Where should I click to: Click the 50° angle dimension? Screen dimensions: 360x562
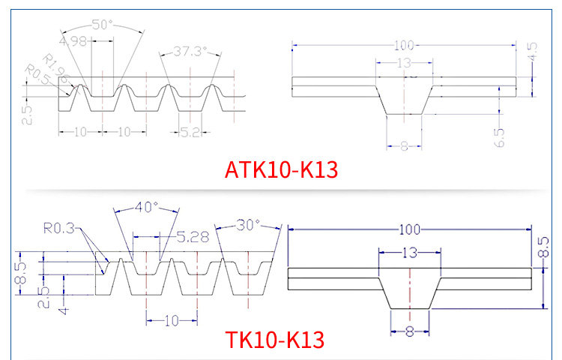(103, 25)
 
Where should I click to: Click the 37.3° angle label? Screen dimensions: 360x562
(190, 52)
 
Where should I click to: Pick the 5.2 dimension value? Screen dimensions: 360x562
(189, 131)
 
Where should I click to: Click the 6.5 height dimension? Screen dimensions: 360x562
(499, 136)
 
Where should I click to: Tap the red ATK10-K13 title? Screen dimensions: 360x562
(282, 169)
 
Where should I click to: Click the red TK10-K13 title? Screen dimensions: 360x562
(275, 340)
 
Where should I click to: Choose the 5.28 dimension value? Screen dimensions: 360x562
(192, 238)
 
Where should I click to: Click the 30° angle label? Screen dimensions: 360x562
(247, 224)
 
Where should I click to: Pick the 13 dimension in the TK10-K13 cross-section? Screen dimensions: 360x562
(409, 253)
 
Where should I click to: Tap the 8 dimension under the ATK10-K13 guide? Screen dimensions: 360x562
(404, 146)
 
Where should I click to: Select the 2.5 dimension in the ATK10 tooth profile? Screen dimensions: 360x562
(27, 113)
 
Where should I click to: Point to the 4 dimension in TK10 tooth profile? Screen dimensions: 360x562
(64, 307)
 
